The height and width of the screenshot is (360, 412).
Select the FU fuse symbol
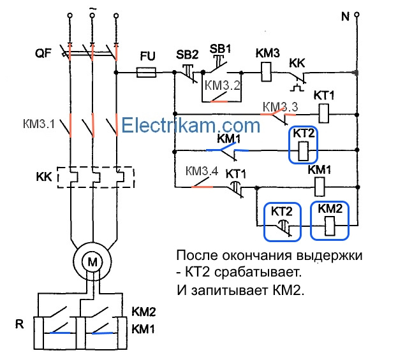[x=148, y=73]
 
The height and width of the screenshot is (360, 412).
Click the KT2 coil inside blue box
[x=305, y=151]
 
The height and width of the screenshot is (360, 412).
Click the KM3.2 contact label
[x=223, y=85]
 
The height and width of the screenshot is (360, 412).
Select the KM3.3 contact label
[x=280, y=106]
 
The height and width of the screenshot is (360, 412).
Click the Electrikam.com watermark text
[x=191, y=126]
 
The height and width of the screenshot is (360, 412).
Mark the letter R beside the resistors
[x=20, y=325]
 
